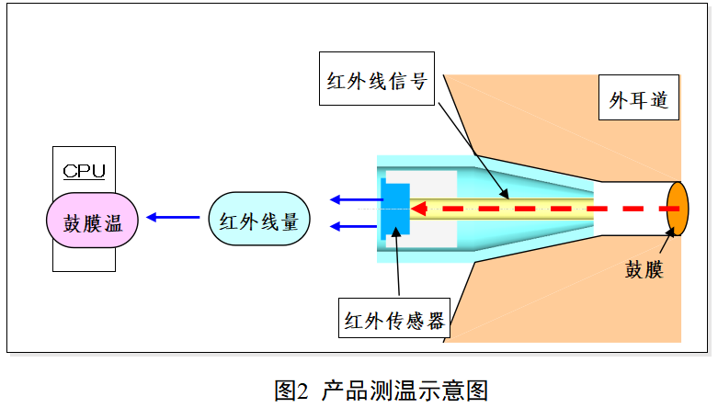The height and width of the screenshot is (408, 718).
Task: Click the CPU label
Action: pyautogui.click(x=84, y=170)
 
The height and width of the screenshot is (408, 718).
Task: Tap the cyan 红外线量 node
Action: pyautogui.click(x=259, y=219)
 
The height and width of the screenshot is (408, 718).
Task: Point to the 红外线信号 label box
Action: pyautogui.click(x=376, y=79)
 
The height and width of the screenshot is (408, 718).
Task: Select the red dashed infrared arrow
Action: pyautogui.click(x=552, y=209)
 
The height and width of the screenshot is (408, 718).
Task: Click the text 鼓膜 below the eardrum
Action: pyautogui.click(x=644, y=270)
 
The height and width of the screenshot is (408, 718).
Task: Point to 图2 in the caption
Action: pyautogui.click(x=293, y=389)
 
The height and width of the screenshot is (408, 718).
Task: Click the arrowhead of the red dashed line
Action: pyautogui.click(x=419, y=209)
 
